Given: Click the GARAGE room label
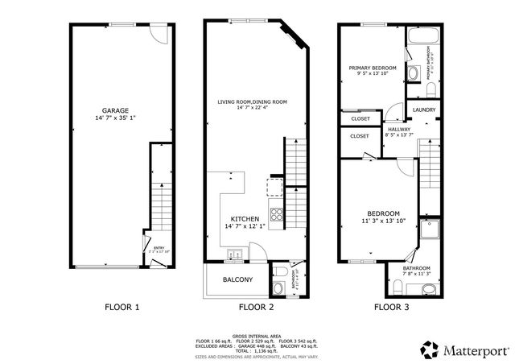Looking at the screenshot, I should [x=115, y=110].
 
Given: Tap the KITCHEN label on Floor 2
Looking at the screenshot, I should [x=245, y=219].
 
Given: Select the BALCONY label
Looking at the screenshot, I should [x=237, y=280].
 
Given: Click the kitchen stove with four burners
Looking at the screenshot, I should [x=276, y=214].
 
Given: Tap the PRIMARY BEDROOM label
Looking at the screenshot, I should [x=373, y=68].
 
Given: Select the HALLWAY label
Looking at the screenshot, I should [x=398, y=129].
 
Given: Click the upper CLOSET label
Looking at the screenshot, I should [x=360, y=118].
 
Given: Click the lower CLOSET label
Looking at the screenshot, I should [x=359, y=136].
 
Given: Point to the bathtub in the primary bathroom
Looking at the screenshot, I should [x=422, y=36].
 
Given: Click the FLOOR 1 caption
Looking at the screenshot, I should [x=122, y=307].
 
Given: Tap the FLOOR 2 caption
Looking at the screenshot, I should [x=257, y=307].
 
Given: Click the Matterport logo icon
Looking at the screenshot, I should [x=430, y=350].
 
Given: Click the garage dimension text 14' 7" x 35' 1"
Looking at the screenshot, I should [x=115, y=118].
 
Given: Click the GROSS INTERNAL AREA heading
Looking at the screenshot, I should [x=257, y=335].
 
